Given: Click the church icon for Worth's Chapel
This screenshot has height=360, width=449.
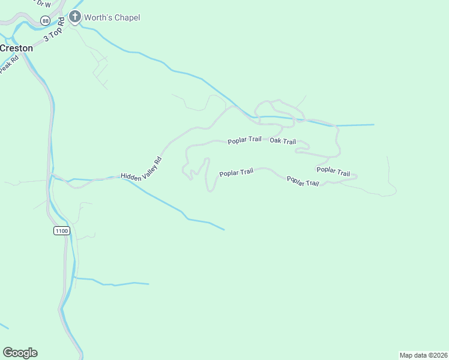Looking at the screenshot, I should click(75, 17).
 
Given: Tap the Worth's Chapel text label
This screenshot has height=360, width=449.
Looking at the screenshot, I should click(112, 17).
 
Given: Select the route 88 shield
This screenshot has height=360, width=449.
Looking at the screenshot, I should click(46, 20).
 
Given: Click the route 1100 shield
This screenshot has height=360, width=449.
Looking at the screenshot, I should click(61, 230).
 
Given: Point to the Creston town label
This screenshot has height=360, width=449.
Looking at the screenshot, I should click(16, 48).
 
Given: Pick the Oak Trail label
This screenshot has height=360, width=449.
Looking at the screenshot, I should click(283, 141).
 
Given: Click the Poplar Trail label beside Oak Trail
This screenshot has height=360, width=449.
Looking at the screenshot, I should click(244, 141).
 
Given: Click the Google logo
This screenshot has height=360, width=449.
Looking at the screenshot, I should click(20, 352).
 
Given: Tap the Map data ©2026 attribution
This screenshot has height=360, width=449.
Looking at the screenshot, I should click(423, 355).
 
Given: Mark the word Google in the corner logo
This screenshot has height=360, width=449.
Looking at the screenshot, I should click(20, 352).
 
